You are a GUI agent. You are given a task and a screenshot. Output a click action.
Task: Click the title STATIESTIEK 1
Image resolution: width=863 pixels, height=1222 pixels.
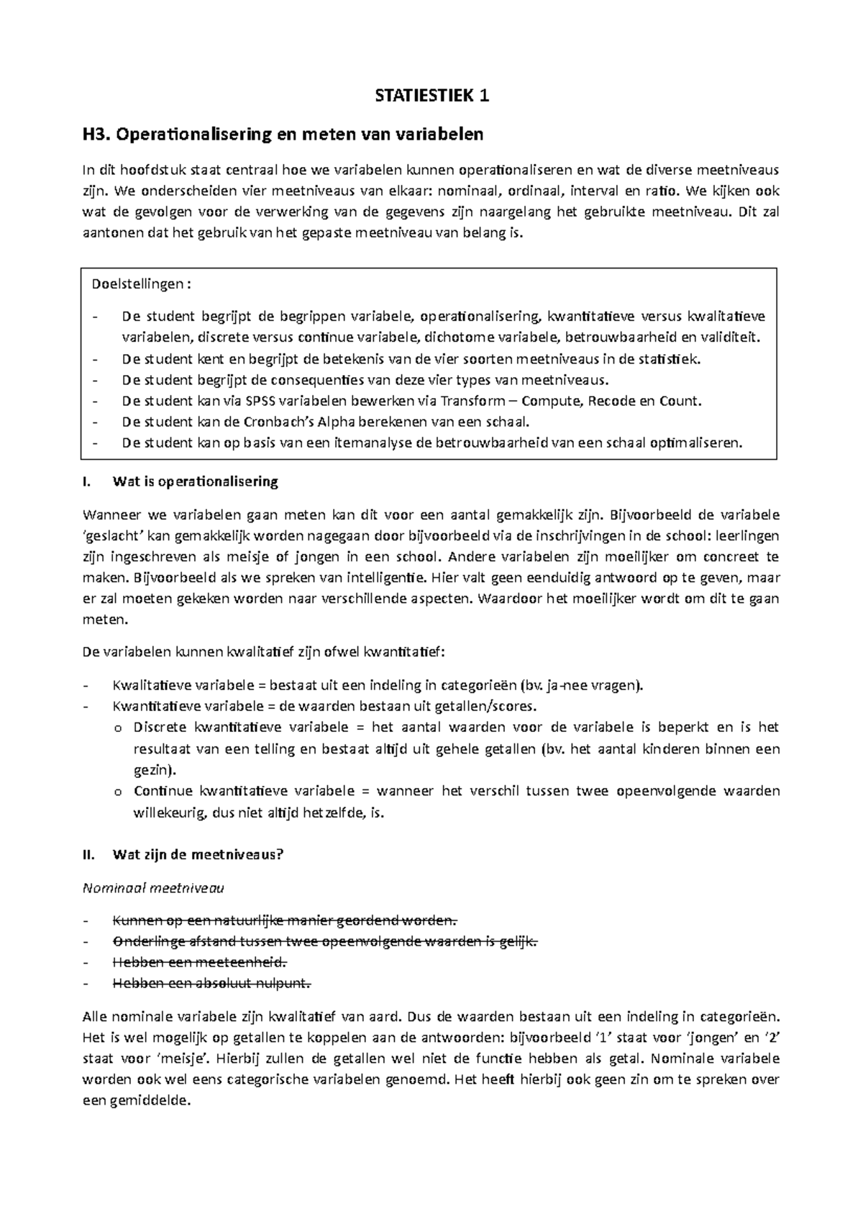(x=432, y=96)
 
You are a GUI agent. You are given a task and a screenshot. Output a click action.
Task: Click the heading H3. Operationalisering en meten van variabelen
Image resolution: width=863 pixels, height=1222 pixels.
(x=283, y=134)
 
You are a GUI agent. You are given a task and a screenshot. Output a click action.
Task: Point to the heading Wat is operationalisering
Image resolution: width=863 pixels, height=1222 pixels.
(x=195, y=481)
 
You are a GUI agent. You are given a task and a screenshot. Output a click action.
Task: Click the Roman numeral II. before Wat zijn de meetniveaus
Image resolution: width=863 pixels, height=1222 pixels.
(x=89, y=855)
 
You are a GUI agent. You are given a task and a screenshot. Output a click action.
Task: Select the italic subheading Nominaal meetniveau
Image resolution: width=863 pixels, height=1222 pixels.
(x=154, y=888)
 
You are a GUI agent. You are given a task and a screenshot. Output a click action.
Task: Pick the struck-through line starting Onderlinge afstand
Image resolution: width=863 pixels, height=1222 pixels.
(x=324, y=941)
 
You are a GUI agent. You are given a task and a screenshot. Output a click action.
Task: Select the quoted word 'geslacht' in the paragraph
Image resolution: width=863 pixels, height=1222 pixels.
(x=108, y=536)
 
